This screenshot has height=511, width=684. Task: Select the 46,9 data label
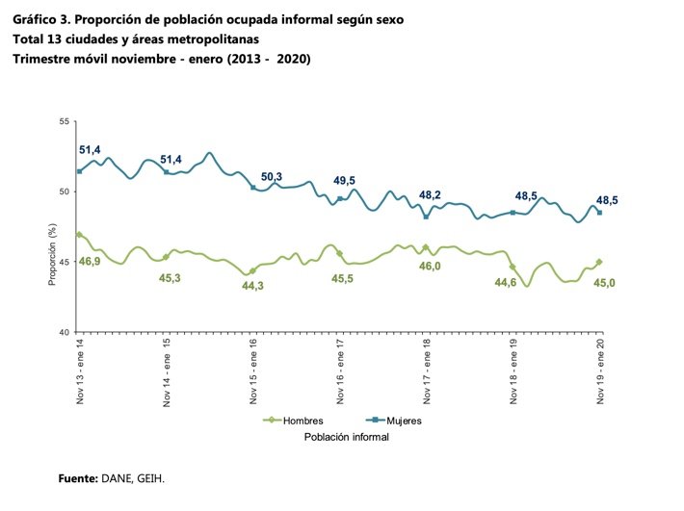coord(90,261)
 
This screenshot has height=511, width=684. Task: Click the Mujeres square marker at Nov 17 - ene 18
coord(427,217)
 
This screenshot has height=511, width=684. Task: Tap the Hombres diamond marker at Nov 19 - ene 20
coord(599,262)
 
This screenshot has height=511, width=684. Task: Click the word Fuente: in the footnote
coord(78,477)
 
